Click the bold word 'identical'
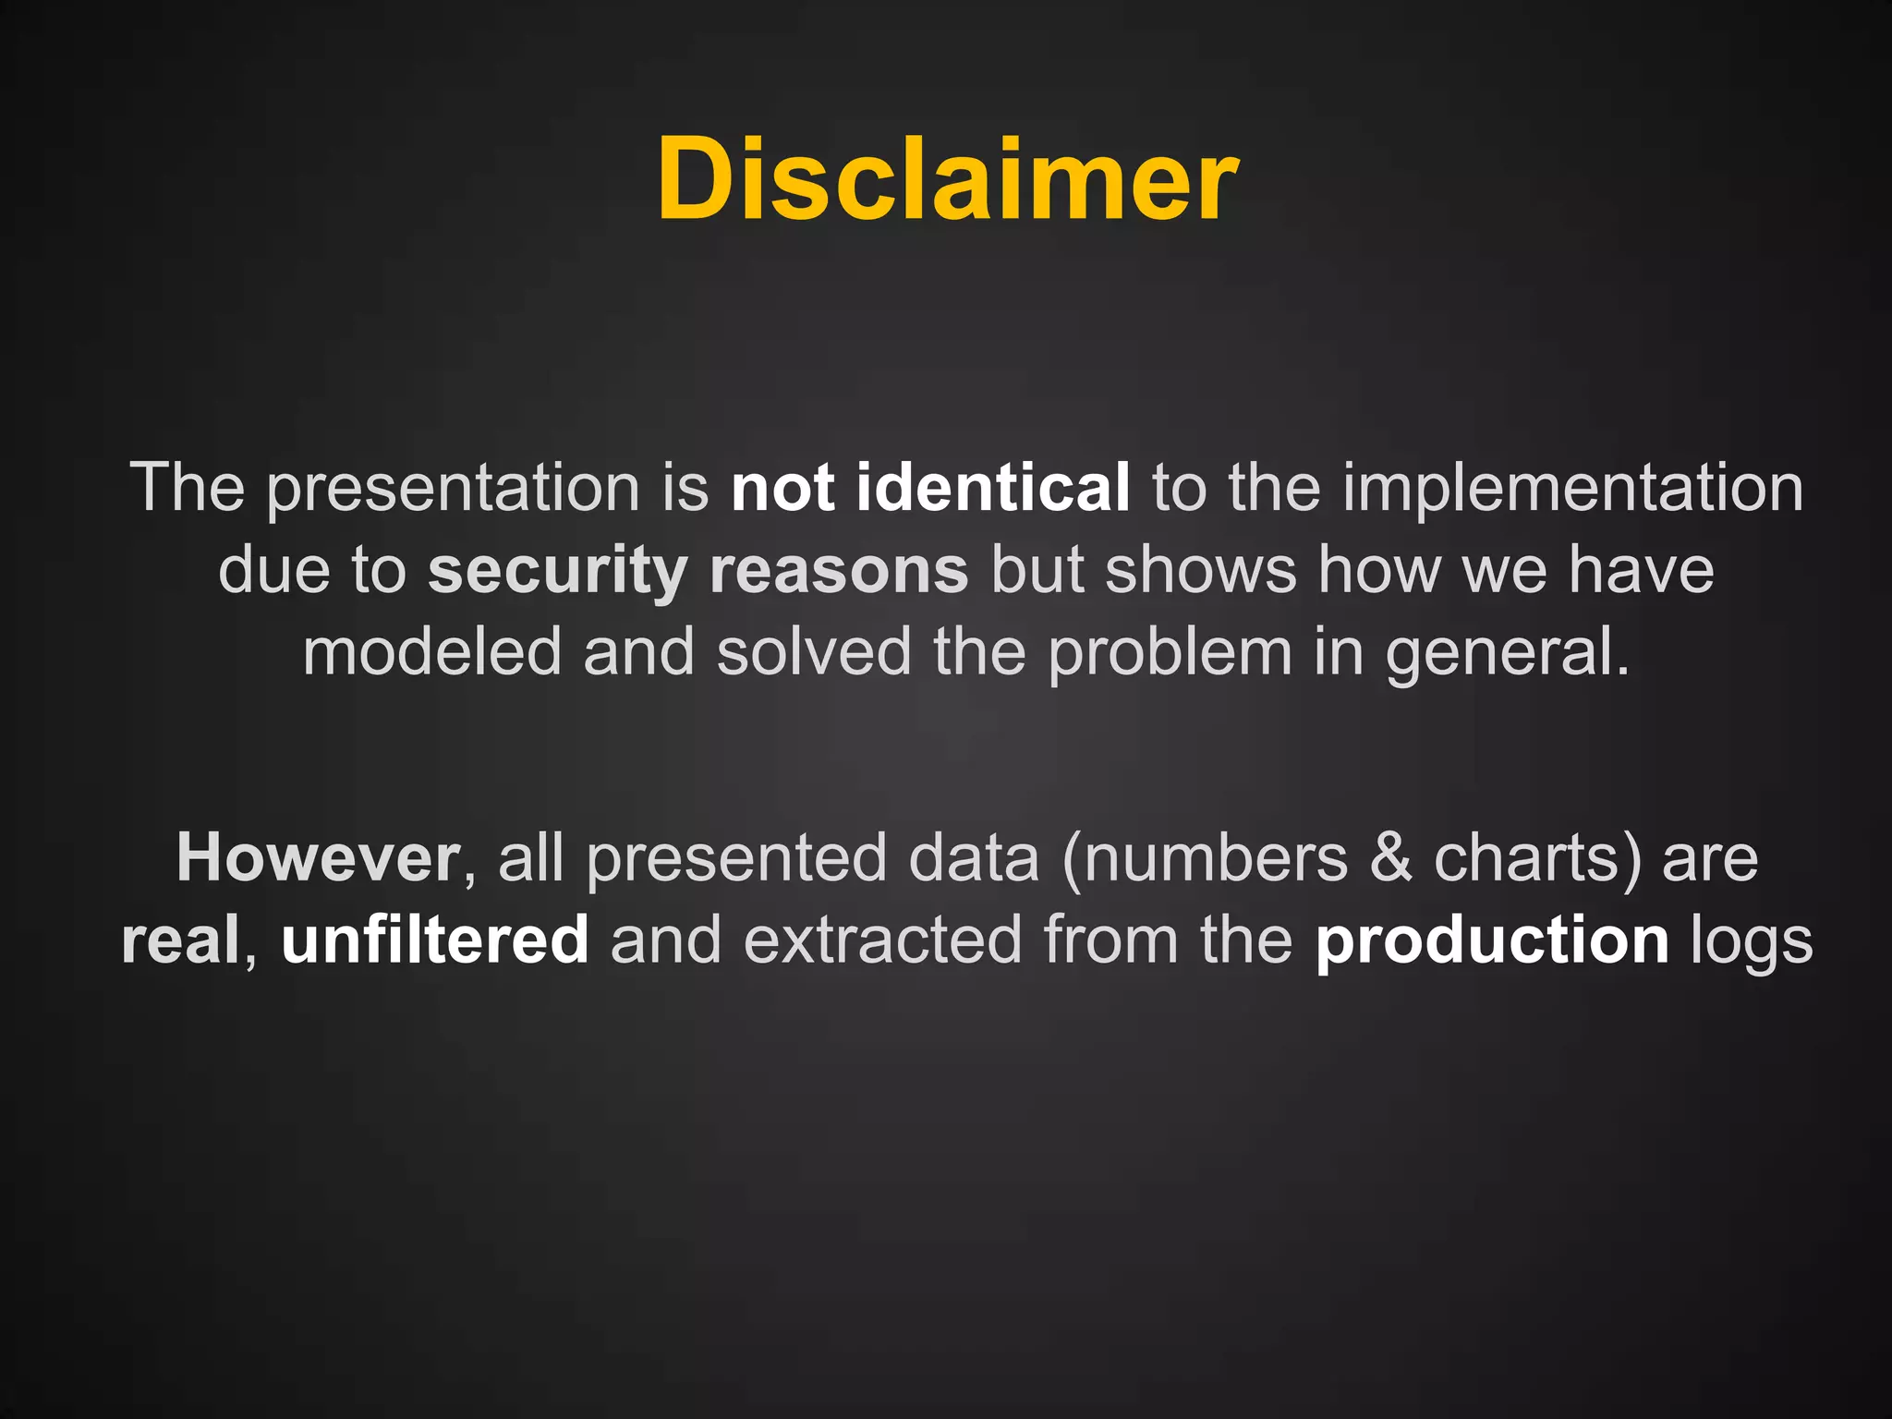tap(992, 488)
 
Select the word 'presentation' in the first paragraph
tap(453, 490)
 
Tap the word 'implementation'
tap(1572, 490)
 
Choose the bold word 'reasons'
tap(839, 571)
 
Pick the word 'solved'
tap(814, 652)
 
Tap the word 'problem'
tap(1170, 652)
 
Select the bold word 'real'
tap(181, 940)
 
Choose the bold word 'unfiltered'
tap(435, 940)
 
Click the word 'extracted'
tap(882, 940)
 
